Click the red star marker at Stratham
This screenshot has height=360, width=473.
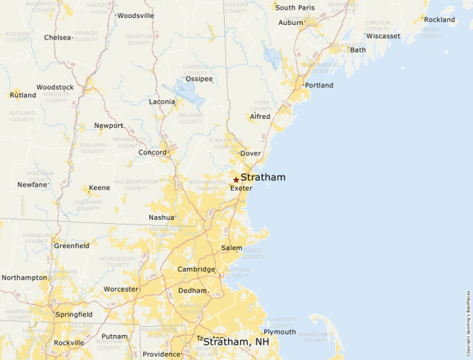coord(236,180)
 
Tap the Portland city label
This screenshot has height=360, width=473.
coord(319,86)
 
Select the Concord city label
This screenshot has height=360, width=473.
coord(152,153)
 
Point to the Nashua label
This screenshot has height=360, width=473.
coord(161,217)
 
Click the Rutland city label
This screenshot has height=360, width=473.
coord(23,95)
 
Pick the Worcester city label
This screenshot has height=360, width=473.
coord(120,289)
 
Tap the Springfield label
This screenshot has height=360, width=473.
coord(74,314)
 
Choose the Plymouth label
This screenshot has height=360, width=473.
coord(279,332)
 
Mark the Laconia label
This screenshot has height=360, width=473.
coord(162,102)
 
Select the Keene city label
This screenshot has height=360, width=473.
coord(99,188)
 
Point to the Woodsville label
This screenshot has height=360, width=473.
coord(136,15)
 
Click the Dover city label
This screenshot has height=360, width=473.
coord(250,153)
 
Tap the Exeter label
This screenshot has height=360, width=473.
coord(241,189)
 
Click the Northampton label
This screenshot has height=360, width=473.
coord(24,278)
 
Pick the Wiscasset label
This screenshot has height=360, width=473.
coord(383,36)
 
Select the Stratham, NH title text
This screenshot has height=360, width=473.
coord(236,342)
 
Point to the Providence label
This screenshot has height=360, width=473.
coord(161,354)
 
